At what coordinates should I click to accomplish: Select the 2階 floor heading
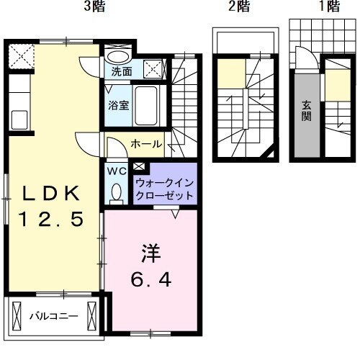(239, 8)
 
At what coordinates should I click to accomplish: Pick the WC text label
(117, 172)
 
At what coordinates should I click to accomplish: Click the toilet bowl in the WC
(117, 192)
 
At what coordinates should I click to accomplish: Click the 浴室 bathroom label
(119, 105)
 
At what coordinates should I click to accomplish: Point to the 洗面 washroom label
(121, 72)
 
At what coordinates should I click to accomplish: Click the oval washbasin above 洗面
(118, 57)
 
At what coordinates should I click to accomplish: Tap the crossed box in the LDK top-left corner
(19, 55)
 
